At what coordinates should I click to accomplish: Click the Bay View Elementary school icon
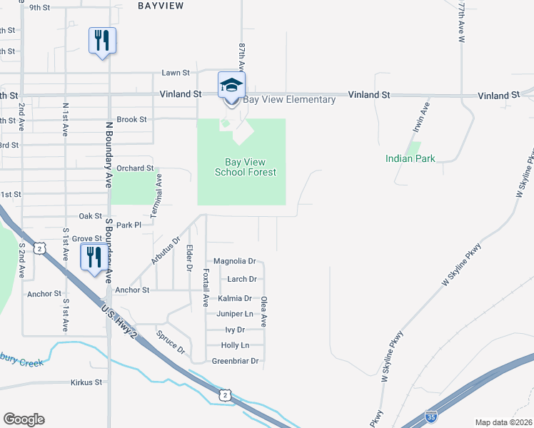(x=231, y=86)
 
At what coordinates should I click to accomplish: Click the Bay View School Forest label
(x=246, y=167)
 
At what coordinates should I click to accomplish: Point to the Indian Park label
(x=410, y=158)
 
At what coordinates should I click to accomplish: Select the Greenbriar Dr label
(x=235, y=361)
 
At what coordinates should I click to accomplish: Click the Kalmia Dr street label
(x=235, y=299)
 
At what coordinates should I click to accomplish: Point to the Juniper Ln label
(x=235, y=314)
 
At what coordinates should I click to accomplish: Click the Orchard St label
(x=136, y=168)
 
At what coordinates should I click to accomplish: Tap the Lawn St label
(x=176, y=73)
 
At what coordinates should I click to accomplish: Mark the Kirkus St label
(x=86, y=382)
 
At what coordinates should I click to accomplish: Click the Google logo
(x=24, y=419)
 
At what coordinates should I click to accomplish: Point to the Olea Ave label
(x=263, y=312)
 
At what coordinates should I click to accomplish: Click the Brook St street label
(x=131, y=120)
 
